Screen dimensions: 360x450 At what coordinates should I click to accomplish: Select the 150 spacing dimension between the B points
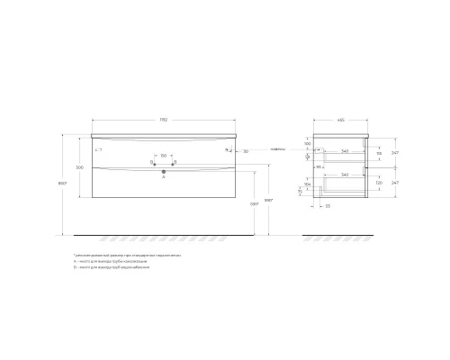(163, 154)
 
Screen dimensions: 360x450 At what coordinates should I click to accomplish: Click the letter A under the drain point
(163, 177)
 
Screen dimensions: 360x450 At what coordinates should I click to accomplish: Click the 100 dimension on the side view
(308, 144)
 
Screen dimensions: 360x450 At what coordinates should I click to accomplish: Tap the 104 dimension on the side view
(308, 183)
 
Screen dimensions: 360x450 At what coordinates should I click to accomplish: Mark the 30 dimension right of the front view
(246, 151)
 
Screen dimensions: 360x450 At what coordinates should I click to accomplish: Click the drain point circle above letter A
(163, 169)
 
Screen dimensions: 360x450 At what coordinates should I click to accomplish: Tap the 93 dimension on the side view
(319, 167)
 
